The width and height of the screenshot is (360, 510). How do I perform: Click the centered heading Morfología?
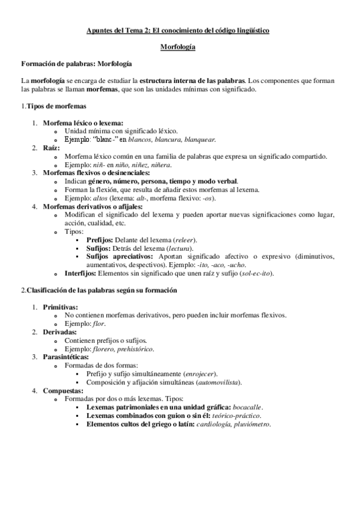[x=180, y=46]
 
